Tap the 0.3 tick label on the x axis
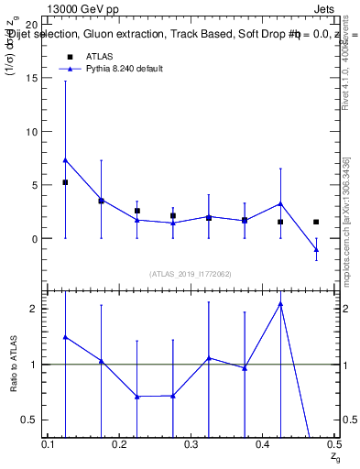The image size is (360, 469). (x=191, y=443)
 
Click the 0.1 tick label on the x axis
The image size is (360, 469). (x=49, y=443)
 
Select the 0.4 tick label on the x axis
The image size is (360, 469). (x=263, y=443)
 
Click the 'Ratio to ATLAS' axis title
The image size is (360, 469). (x=12, y=365)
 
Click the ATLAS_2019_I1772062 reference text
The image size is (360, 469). (x=191, y=273)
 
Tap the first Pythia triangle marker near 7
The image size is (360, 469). (x=65, y=160)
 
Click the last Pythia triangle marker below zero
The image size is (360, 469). (x=316, y=249)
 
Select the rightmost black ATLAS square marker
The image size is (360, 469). (x=316, y=222)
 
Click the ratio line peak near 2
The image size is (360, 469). (x=280, y=303)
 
